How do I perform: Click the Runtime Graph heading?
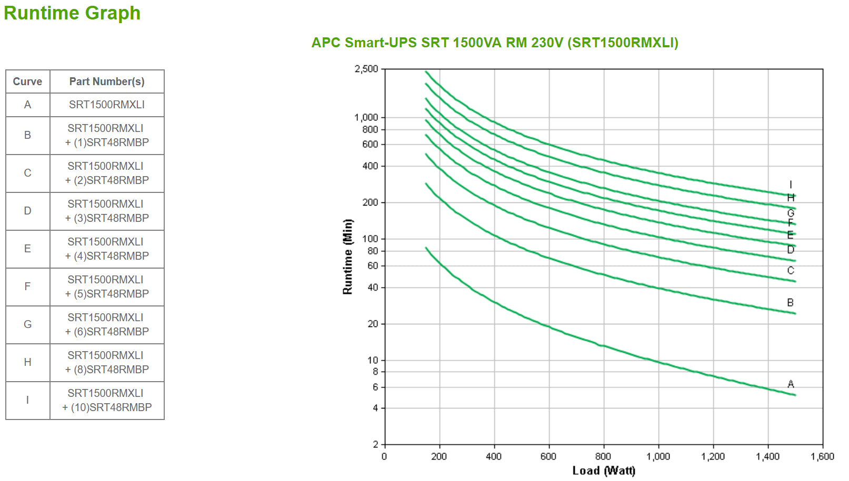(x=72, y=13)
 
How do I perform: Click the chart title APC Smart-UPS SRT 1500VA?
(x=494, y=43)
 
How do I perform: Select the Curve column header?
(x=27, y=81)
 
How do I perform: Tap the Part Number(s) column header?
(x=107, y=81)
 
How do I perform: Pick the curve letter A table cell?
(x=27, y=105)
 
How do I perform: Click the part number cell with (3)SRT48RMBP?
(x=107, y=211)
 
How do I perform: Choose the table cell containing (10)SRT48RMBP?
(x=107, y=401)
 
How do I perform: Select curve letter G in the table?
(x=27, y=324)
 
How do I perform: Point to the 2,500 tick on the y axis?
(x=366, y=69)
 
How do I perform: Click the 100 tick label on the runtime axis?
(x=370, y=239)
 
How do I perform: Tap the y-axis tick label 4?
(x=375, y=408)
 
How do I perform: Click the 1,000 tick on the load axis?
(x=658, y=456)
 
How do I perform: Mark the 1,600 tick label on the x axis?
(x=822, y=456)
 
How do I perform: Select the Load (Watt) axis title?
(x=604, y=470)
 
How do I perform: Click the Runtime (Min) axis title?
(x=347, y=257)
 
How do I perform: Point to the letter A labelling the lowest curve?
(x=791, y=384)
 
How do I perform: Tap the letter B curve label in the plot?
(x=790, y=303)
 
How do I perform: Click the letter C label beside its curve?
(x=791, y=271)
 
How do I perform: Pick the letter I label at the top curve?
(x=791, y=185)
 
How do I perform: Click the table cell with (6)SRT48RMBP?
(x=107, y=325)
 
